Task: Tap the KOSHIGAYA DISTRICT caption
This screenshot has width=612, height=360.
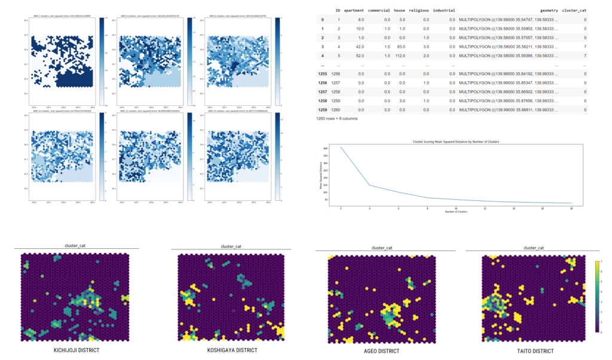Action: coord(232,350)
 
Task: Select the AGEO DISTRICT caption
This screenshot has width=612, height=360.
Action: coord(381,350)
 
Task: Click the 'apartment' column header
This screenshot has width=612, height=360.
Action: coord(354,10)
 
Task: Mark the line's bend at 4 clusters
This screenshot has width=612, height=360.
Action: coord(369,185)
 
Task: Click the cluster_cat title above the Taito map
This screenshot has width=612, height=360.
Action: coord(533,248)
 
